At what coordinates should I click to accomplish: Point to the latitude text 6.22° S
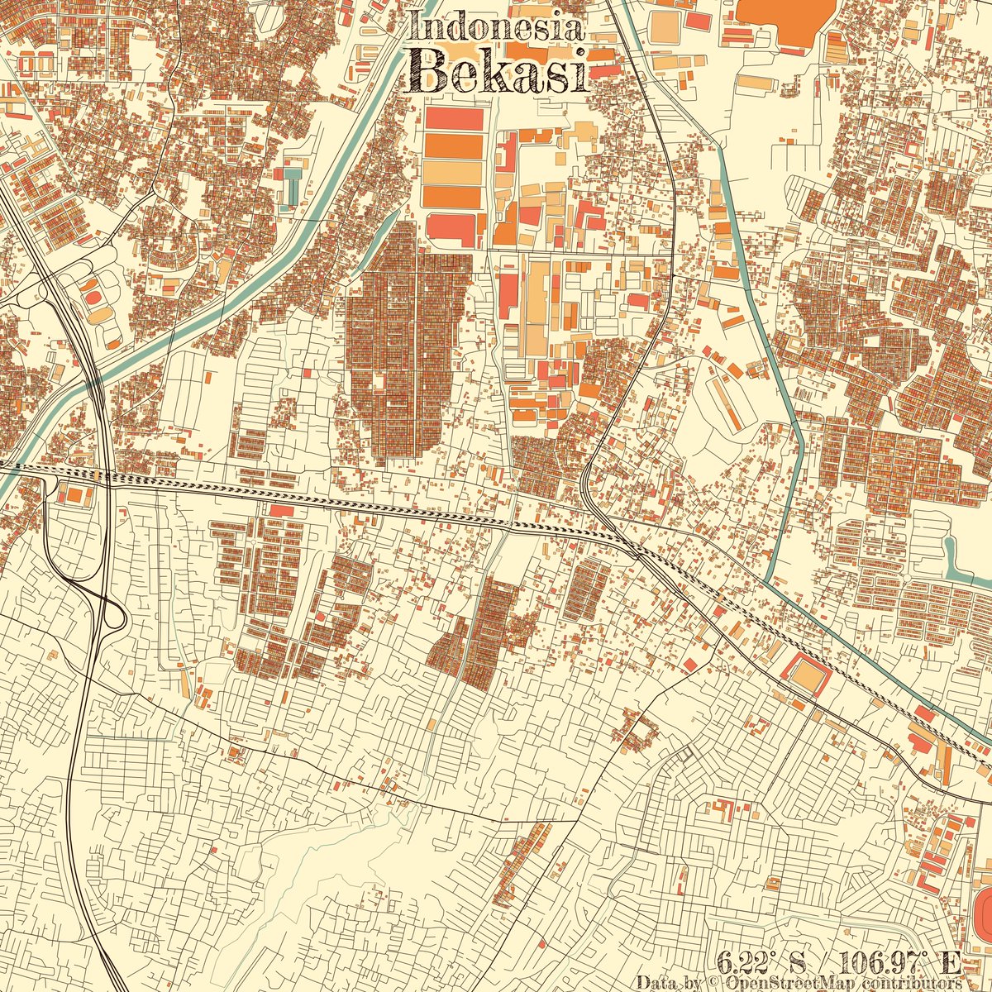(761, 962)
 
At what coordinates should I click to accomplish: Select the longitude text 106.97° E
(900, 962)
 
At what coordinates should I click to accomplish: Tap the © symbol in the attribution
(713, 982)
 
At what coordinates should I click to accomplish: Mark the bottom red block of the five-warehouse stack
(454, 228)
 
